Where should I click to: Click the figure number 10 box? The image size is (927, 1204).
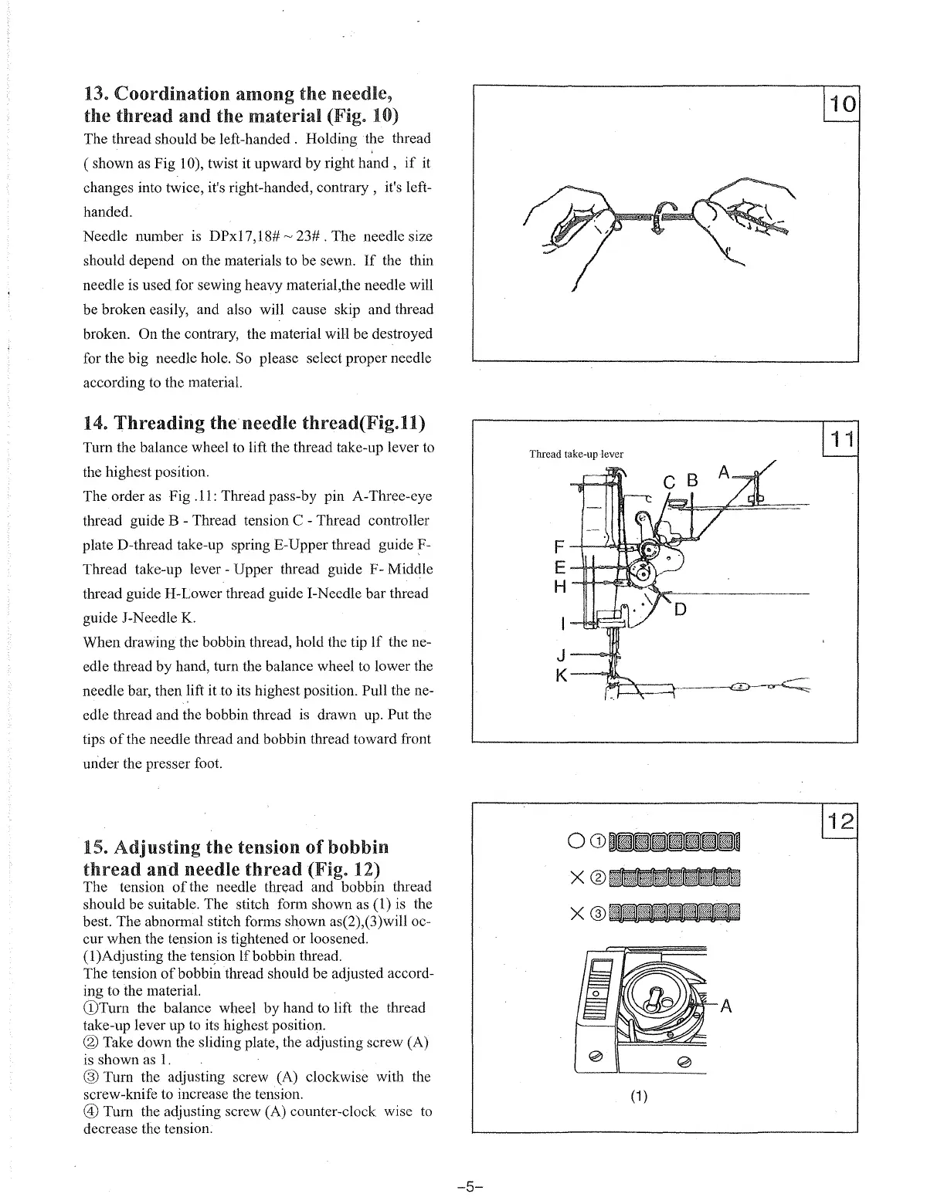[x=842, y=103]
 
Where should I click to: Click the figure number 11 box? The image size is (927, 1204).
[x=842, y=440]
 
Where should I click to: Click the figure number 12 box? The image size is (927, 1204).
[x=842, y=822]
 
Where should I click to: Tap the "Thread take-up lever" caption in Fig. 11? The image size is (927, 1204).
[x=576, y=454]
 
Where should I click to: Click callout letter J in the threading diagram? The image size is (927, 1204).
[x=562, y=655]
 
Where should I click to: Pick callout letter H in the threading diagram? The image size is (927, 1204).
[x=561, y=587]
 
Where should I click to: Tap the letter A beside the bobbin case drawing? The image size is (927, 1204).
[x=726, y=1006]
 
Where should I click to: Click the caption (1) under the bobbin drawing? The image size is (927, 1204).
[x=638, y=1097]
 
